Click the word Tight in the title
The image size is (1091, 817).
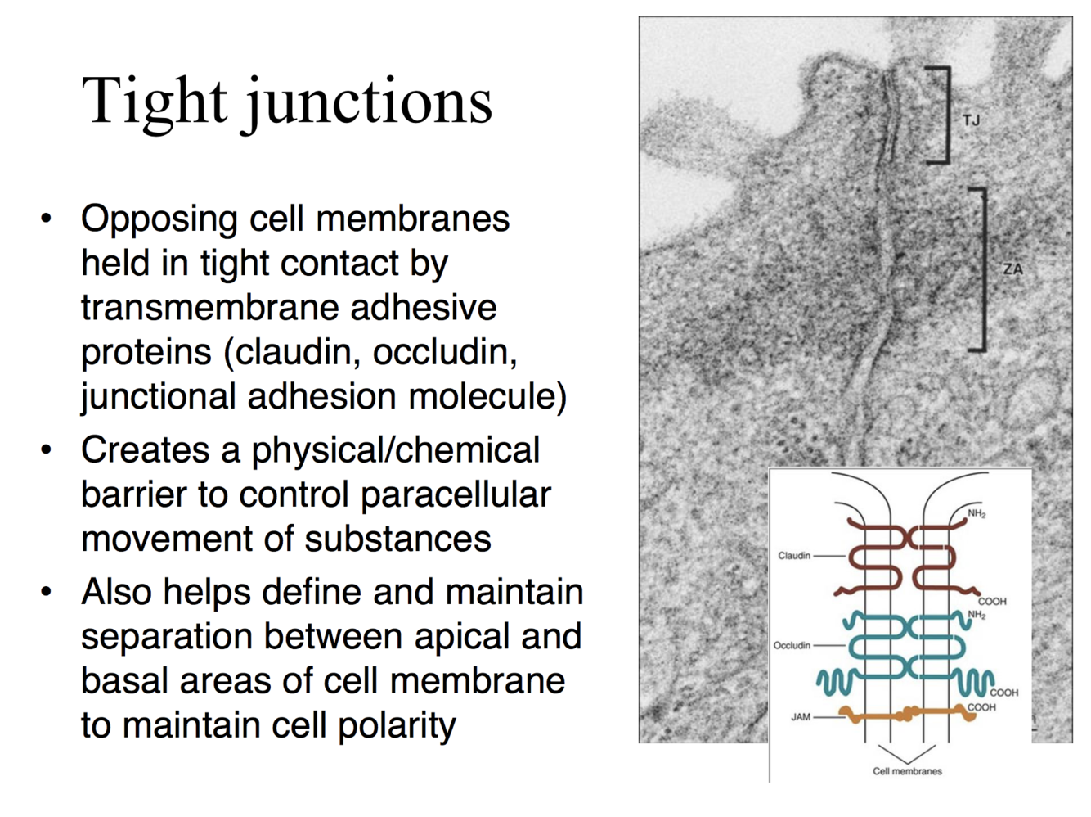(x=154, y=102)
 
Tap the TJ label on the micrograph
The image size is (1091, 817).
(x=971, y=120)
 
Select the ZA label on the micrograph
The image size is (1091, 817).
(x=1012, y=269)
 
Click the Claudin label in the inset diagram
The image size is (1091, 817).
(x=793, y=556)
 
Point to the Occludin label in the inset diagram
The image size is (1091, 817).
(x=792, y=645)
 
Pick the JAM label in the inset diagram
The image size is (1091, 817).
(x=800, y=717)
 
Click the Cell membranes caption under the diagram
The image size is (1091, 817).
(x=907, y=771)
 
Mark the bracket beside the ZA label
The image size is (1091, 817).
(x=981, y=269)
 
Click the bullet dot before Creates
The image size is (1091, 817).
(x=47, y=450)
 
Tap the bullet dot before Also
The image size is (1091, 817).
(x=47, y=592)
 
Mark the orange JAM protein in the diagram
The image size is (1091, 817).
(x=908, y=715)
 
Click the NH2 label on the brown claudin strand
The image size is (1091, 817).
(x=977, y=514)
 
